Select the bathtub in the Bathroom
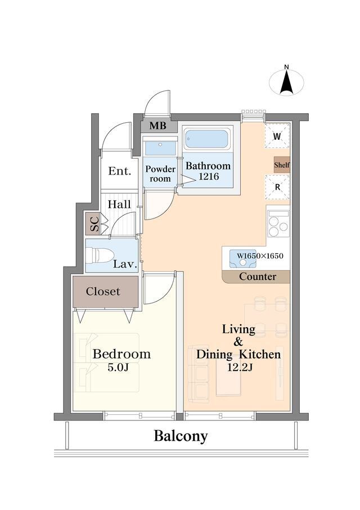click(206, 138)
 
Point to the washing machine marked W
click(277, 136)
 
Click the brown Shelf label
click(282, 165)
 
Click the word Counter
click(258, 276)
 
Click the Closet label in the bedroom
click(103, 292)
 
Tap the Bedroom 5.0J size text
click(121, 367)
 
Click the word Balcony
click(181, 436)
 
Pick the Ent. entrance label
click(119, 171)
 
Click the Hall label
click(119, 204)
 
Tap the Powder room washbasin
click(160, 148)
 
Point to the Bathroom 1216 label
click(208, 171)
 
